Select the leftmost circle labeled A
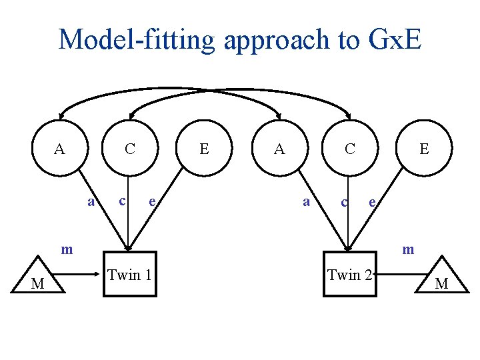click(60, 149)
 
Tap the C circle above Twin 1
click(131, 149)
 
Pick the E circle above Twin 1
click(205, 149)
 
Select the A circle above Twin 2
click(280, 149)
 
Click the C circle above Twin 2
click(349, 149)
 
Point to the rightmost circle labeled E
click(424, 149)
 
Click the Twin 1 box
click(129, 274)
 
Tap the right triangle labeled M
click(441, 280)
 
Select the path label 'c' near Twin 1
click(121, 199)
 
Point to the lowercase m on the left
click(67, 250)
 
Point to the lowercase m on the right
click(408, 250)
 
